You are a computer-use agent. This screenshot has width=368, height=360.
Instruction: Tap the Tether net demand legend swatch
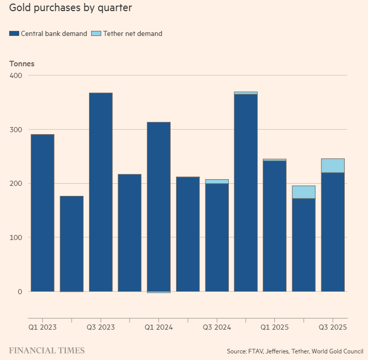point(96,34)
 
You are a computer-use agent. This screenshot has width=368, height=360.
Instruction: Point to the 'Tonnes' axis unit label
point(22,64)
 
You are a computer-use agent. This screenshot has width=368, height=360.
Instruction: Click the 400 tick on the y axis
point(16,75)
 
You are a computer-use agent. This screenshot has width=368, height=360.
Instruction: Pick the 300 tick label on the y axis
point(16,130)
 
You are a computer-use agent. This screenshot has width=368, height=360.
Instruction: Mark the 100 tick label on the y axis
point(16,237)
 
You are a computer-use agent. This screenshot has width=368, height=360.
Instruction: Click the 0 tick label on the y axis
point(20,292)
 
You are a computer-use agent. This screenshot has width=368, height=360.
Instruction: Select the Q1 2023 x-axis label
point(42,328)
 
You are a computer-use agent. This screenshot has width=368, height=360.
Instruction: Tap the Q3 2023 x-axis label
point(100,328)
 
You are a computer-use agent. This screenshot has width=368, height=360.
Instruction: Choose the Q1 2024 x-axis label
point(158,328)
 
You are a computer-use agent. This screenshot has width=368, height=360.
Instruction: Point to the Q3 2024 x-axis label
point(217,328)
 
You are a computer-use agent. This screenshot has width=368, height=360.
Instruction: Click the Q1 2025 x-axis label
point(274,328)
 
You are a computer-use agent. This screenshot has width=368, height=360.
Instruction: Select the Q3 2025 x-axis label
point(333,328)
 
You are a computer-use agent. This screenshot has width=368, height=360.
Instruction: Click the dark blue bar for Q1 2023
point(43,213)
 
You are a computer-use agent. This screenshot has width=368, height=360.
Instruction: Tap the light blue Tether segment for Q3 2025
point(333,166)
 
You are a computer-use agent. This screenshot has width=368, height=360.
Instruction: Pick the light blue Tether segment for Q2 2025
point(304,192)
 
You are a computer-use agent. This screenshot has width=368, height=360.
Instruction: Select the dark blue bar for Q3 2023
point(101,192)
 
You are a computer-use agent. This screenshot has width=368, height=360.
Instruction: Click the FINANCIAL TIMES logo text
point(47,350)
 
